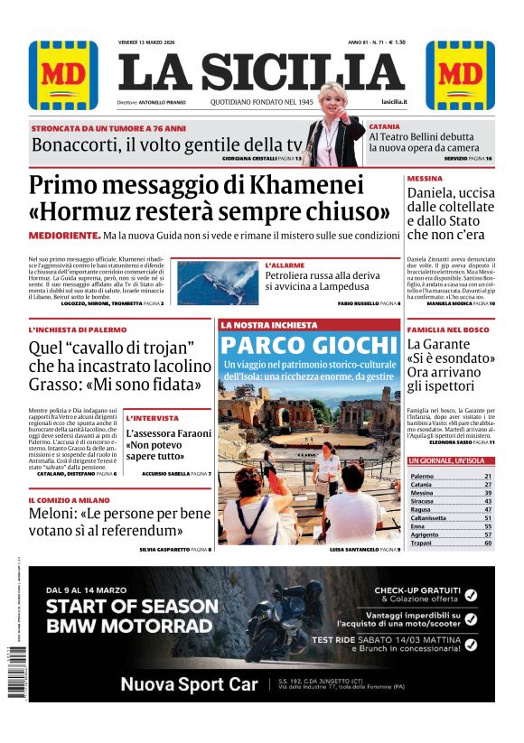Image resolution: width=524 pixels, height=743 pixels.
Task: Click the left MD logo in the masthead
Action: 63,75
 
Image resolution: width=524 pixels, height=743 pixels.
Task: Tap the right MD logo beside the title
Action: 460,75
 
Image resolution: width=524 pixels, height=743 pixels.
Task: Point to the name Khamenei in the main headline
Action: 297,187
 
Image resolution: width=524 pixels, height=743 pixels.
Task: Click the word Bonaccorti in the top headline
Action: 86,145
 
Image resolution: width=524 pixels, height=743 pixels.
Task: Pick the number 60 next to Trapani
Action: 488,543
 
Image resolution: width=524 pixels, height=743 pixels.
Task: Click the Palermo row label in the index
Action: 422,476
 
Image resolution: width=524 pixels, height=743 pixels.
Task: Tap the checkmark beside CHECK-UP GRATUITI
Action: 470,594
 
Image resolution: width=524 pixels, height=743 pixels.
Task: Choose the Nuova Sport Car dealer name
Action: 189,684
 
